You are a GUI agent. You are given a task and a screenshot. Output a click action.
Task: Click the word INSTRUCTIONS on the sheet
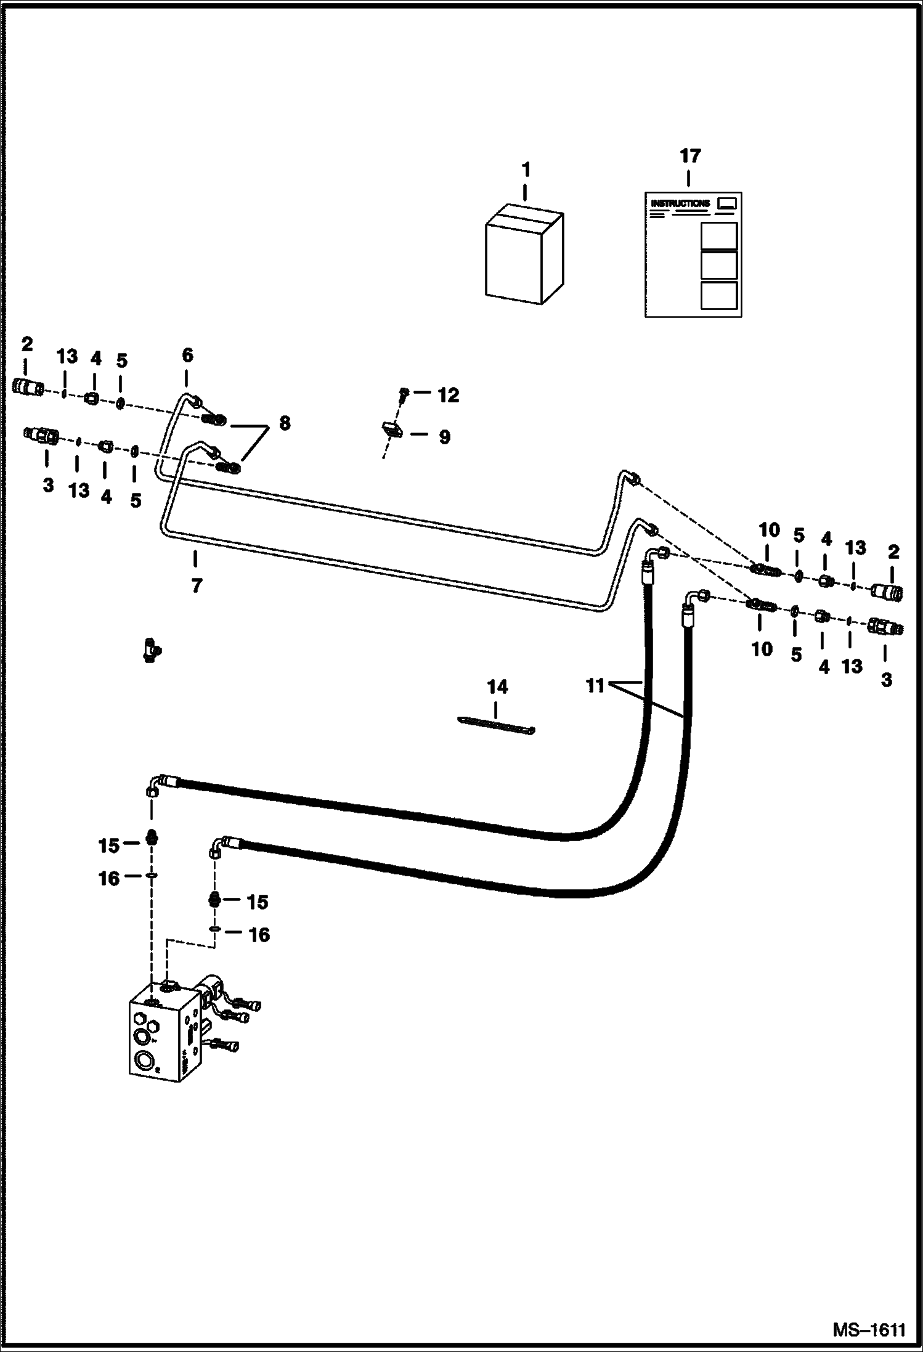(680, 203)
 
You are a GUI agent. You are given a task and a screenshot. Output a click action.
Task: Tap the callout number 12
(448, 395)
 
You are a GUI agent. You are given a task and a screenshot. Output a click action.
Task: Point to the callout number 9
(444, 437)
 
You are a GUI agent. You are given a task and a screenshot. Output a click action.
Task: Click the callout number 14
(497, 686)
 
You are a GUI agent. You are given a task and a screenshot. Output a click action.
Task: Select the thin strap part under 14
(497, 725)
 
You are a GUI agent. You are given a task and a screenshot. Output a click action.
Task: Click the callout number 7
(196, 585)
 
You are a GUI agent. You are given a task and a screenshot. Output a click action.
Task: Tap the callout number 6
(187, 355)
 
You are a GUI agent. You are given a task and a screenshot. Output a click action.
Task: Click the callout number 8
(284, 423)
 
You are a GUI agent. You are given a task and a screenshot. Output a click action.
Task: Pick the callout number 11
(595, 685)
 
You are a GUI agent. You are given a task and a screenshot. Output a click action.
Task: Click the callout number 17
(690, 156)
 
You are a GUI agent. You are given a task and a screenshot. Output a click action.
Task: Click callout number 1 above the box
(526, 169)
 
